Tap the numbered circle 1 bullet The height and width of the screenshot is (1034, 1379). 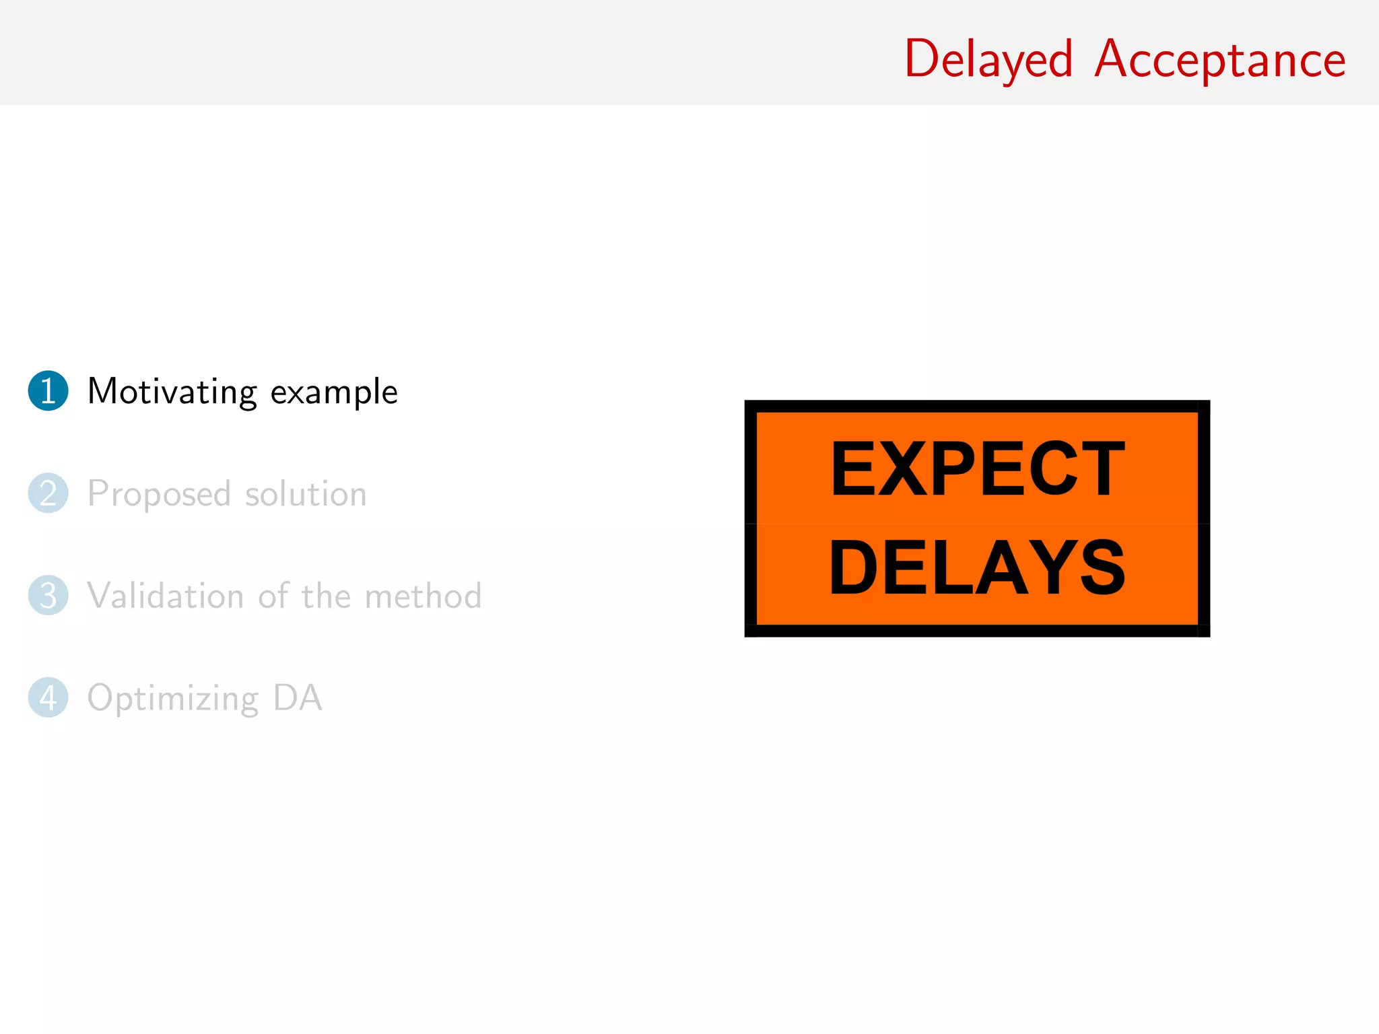[48, 391]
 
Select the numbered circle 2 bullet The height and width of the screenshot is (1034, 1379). [48, 493]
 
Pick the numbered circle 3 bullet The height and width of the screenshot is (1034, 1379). [48, 596]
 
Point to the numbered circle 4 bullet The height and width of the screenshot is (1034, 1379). [48, 697]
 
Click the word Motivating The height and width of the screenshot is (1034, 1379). [172, 392]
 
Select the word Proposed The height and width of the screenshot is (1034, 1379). [160, 495]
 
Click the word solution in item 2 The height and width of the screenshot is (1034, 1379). [306, 494]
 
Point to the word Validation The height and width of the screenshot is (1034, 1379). [166, 596]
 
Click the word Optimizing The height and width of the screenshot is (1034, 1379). [173, 699]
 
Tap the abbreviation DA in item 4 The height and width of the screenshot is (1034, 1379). [298, 698]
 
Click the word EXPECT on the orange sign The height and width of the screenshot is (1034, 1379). [978, 469]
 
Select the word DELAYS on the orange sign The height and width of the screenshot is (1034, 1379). [978, 568]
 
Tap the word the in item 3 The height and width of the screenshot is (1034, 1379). [326, 596]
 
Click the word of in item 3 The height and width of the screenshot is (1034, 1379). [273, 596]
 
